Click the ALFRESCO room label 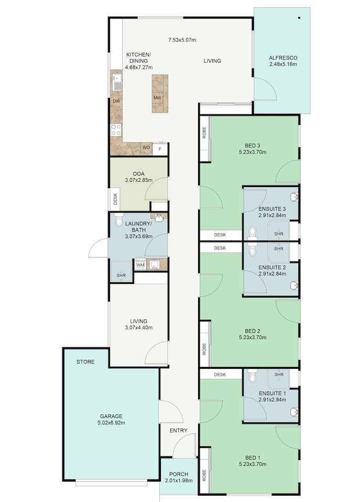(x=282, y=58)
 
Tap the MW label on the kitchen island (x=157, y=98)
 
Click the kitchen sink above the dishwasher (x=116, y=82)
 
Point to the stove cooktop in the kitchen (x=115, y=129)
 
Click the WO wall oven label (x=147, y=148)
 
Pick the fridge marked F (x=160, y=148)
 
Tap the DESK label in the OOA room (x=115, y=199)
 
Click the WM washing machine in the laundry (x=140, y=265)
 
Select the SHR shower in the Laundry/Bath (x=121, y=275)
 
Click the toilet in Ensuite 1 (x=253, y=376)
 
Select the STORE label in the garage (x=85, y=362)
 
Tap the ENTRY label (x=178, y=430)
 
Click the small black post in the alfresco (x=299, y=18)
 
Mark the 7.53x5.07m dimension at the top (x=182, y=39)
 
